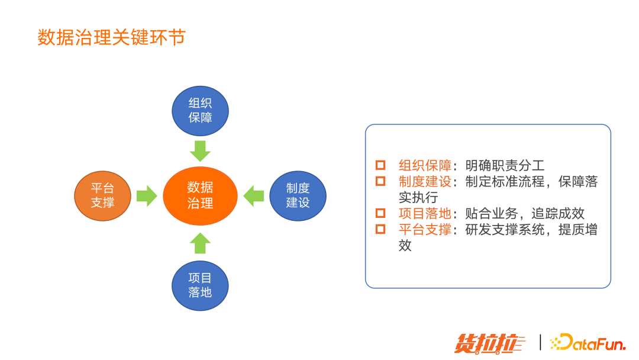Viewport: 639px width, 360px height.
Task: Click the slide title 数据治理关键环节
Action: [x=111, y=37]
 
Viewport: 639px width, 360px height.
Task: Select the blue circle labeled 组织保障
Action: [x=200, y=111]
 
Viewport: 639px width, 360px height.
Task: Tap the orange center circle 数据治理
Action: [x=200, y=195]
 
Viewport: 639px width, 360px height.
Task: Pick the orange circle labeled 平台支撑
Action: [x=102, y=195]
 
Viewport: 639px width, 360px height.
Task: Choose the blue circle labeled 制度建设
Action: [x=298, y=195]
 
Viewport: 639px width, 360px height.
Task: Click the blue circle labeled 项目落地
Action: [x=200, y=285]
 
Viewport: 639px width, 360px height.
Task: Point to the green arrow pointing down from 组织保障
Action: [x=200, y=151]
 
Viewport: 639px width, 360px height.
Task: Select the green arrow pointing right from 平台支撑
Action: [x=146, y=195]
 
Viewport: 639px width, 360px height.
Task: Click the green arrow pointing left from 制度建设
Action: [x=254, y=195]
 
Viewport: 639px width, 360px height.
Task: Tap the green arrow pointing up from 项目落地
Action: [x=200, y=243]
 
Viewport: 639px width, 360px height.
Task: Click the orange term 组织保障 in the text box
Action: [x=425, y=166]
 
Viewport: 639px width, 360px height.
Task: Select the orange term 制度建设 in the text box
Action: [x=425, y=182]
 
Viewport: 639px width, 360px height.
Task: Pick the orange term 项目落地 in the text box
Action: [x=425, y=214]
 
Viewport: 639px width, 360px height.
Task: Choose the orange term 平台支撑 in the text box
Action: [x=425, y=230]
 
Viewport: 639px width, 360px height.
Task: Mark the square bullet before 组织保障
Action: [x=380, y=166]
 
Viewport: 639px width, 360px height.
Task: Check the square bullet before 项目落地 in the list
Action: [x=380, y=214]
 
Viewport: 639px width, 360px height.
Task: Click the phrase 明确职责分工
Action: [x=505, y=166]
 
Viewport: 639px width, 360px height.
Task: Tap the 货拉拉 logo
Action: [x=490, y=343]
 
